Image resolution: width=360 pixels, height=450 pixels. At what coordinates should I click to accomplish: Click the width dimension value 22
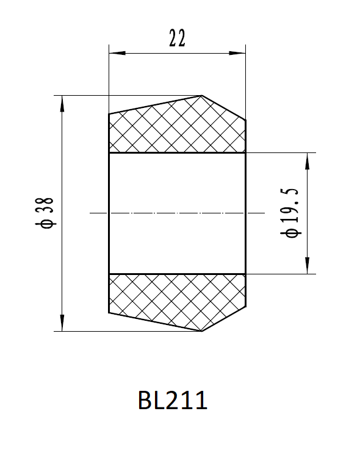tap(177, 38)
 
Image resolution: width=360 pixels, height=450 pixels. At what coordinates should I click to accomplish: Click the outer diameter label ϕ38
tap(45, 213)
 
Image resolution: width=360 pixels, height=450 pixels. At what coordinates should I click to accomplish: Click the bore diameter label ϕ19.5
tap(290, 213)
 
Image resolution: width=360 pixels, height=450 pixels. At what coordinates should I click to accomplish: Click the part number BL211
tap(173, 400)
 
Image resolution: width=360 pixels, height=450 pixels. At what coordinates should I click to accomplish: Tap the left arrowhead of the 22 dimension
tap(117, 53)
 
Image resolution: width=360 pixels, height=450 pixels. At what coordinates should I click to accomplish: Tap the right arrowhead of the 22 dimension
tap(237, 53)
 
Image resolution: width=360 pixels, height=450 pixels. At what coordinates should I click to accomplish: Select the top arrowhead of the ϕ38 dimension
tap(62, 104)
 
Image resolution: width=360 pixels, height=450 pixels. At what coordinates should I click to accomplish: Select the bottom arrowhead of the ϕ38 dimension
tap(62, 323)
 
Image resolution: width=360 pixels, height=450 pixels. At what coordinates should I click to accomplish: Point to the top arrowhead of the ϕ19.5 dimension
tap(308, 161)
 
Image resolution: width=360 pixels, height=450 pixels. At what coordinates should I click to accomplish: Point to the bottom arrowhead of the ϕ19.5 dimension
tap(308, 266)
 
